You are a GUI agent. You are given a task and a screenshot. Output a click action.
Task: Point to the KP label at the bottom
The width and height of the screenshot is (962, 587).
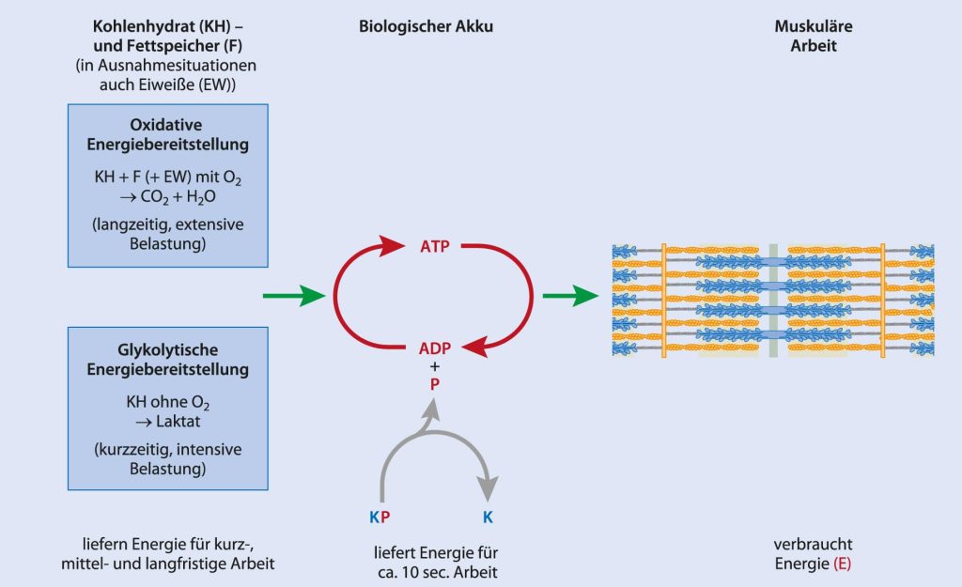(x=380, y=515)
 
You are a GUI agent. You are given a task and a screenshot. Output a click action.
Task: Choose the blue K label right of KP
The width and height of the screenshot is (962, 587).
(x=488, y=515)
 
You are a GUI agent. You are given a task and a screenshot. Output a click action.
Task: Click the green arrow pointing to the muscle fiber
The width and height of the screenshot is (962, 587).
(x=570, y=297)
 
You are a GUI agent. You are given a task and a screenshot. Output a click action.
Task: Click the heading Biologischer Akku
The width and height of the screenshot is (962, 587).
(x=426, y=27)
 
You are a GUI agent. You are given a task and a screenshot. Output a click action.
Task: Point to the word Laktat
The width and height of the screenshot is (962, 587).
(x=178, y=421)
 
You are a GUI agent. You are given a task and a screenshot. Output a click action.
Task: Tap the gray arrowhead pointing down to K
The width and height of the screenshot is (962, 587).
(x=488, y=488)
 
